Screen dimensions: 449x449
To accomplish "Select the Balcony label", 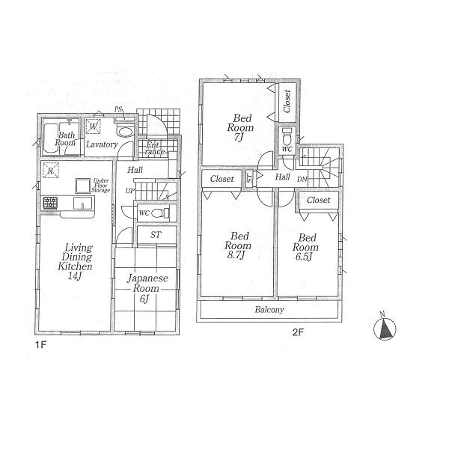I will [268, 310].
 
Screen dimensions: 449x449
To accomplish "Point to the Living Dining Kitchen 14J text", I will [77, 261].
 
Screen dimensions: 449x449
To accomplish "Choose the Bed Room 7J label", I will [241, 128].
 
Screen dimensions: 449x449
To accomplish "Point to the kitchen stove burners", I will [51, 202].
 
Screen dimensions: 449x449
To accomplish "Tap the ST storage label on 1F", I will [156, 235].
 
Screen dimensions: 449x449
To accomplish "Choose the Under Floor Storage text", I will [101, 186].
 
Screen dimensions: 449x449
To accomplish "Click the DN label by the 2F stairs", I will [302, 180].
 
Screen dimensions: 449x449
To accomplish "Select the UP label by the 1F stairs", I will [130, 191].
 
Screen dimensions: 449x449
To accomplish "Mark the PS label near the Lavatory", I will [118, 109].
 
